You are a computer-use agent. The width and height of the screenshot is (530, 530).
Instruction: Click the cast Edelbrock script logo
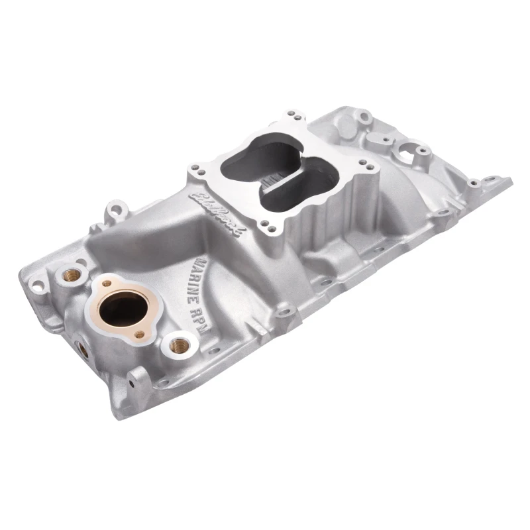click(219, 211)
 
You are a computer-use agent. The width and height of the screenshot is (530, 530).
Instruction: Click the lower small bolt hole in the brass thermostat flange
click(138, 335)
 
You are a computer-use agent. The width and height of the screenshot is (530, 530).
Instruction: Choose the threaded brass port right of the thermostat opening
click(177, 345)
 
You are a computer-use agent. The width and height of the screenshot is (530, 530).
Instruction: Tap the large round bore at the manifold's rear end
click(403, 152)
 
